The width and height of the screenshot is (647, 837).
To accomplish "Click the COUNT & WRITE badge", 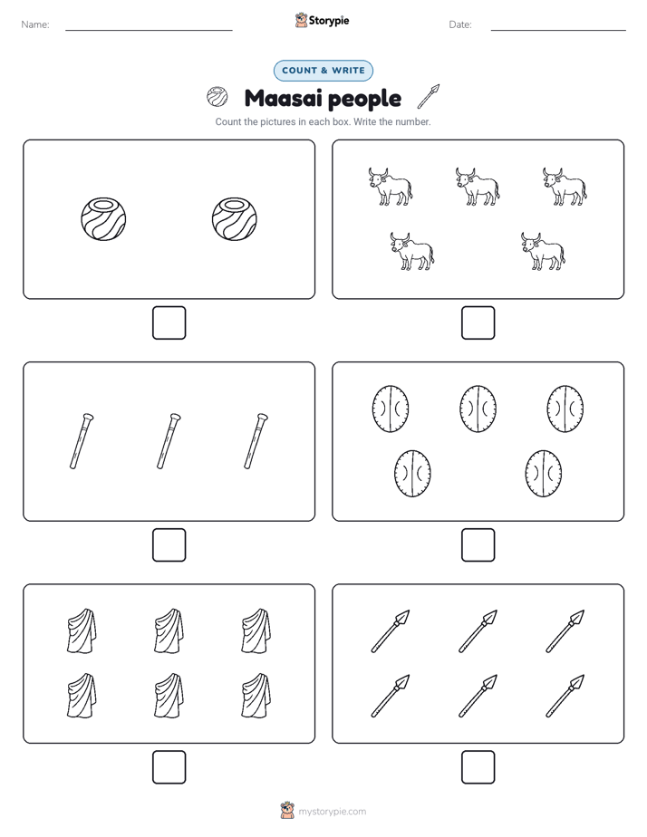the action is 323,71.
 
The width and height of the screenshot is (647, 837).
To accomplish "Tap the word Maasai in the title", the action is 280,98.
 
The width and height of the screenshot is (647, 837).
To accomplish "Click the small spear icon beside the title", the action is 428,96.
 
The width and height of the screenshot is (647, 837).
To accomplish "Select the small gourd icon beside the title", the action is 217,97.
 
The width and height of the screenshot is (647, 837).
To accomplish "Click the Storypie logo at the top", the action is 322,20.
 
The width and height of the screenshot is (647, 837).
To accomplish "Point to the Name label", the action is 35,24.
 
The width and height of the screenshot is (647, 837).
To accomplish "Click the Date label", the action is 460,24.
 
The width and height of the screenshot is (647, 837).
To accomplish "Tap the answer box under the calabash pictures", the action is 169,323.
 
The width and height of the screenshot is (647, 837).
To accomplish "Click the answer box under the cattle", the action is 478,323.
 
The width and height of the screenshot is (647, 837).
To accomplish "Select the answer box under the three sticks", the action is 169,545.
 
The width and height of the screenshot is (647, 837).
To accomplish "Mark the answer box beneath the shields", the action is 478,545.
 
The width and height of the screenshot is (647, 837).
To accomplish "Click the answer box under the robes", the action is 169,767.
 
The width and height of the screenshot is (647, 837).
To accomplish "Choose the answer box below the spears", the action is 478,767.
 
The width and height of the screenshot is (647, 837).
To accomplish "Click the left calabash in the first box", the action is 103,219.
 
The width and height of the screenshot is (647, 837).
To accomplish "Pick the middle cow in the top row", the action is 478,187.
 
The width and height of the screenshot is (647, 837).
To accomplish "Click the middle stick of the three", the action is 169,441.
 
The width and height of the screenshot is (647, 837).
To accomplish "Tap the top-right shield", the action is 565,409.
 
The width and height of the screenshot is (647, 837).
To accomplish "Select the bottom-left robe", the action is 82,696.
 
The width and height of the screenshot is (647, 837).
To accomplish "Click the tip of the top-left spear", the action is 409,611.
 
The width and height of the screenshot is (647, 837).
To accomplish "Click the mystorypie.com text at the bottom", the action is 332,812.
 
